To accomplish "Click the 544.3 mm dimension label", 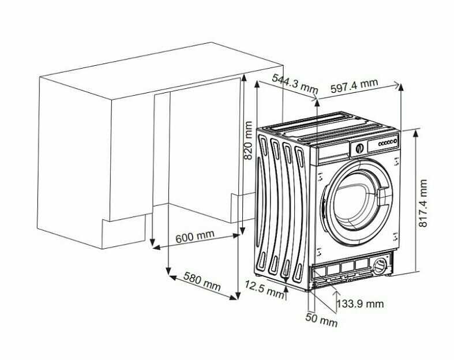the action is pyautogui.click(x=295, y=84).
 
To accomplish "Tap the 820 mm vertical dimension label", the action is pyautogui.click(x=248, y=140).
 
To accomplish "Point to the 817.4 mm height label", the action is pyautogui.click(x=423, y=203).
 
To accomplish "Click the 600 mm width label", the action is pyautogui.click(x=195, y=237).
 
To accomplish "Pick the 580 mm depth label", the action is pyautogui.click(x=202, y=281).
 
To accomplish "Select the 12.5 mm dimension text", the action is pyautogui.click(x=264, y=290).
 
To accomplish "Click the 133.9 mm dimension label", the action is pyautogui.click(x=360, y=303).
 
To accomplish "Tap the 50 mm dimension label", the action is pyautogui.click(x=321, y=320).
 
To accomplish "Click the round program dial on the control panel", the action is pyautogui.click(x=359, y=148).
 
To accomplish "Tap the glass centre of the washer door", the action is pyautogui.click(x=356, y=202).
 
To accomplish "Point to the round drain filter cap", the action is pyautogui.click(x=380, y=266).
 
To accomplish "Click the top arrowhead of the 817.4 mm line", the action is pyautogui.click(x=416, y=134).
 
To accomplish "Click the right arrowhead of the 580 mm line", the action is pyautogui.click(x=234, y=297).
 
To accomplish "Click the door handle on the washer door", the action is pyautogui.click(x=383, y=197).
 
